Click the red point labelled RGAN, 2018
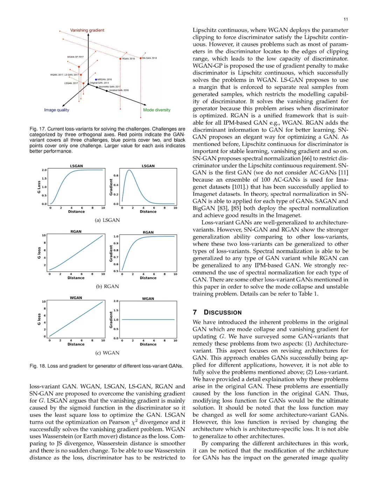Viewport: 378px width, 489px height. (120, 59)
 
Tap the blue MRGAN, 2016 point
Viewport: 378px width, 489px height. (96, 79)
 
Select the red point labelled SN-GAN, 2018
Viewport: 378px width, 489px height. (141, 58)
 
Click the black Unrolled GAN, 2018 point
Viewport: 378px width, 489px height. (107, 91)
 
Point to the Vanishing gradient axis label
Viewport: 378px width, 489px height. (87, 30)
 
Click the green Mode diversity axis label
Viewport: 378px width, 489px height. (156, 110)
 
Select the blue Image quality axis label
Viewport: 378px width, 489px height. (56, 110)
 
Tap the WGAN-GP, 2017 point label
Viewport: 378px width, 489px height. (75, 57)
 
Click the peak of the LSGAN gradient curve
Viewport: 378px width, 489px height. (129, 170)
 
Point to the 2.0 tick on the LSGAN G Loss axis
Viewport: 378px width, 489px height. (44, 170)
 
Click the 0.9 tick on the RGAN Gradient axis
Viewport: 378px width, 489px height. (116, 243)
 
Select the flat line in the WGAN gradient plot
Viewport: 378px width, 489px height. (148, 320)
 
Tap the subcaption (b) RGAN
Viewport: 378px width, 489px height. (107, 286)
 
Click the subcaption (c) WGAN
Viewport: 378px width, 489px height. (107, 353)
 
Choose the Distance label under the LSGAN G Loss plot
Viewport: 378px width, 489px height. (76, 211)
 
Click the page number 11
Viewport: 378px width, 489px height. (346, 19)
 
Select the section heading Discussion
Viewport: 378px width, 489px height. (223, 312)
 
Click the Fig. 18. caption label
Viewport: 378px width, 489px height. (38, 366)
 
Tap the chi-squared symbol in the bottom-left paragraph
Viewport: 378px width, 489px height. (134, 422)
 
